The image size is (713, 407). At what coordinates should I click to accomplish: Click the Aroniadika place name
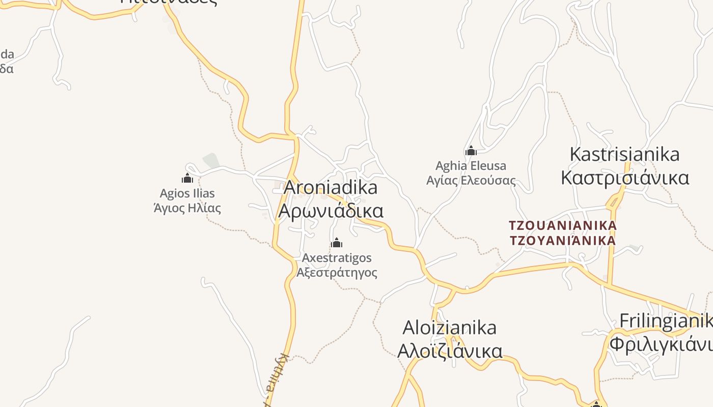[x=331, y=188]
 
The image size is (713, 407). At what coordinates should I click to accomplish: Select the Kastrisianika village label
[x=624, y=154]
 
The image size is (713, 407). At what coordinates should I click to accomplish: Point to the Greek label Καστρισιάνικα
[x=624, y=178]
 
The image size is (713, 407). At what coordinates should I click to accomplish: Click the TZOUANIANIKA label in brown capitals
[x=563, y=225]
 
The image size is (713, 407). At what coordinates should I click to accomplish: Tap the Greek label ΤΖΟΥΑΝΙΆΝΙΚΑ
[x=563, y=240]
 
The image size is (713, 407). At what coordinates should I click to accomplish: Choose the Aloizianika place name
[x=449, y=328]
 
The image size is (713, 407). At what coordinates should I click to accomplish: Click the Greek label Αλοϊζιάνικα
[x=449, y=351]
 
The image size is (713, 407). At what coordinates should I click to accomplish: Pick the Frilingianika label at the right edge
[x=666, y=321]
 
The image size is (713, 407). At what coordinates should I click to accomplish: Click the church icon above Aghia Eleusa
[x=471, y=151]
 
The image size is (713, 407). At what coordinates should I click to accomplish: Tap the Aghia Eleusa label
[x=471, y=166]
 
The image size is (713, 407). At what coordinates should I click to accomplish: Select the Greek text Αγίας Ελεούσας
[x=471, y=181]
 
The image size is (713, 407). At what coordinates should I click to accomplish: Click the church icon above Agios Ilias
[x=187, y=178]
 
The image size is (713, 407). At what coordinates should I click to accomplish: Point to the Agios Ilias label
[x=187, y=193]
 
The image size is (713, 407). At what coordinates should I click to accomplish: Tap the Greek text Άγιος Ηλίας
[x=187, y=208]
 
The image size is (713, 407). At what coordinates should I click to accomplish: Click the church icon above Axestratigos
[x=336, y=243]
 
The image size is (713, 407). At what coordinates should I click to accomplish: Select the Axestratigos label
[x=337, y=258]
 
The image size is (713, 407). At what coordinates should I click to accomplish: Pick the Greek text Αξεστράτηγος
[x=337, y=273]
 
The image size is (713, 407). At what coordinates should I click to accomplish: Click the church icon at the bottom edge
[x=596, y=404]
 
